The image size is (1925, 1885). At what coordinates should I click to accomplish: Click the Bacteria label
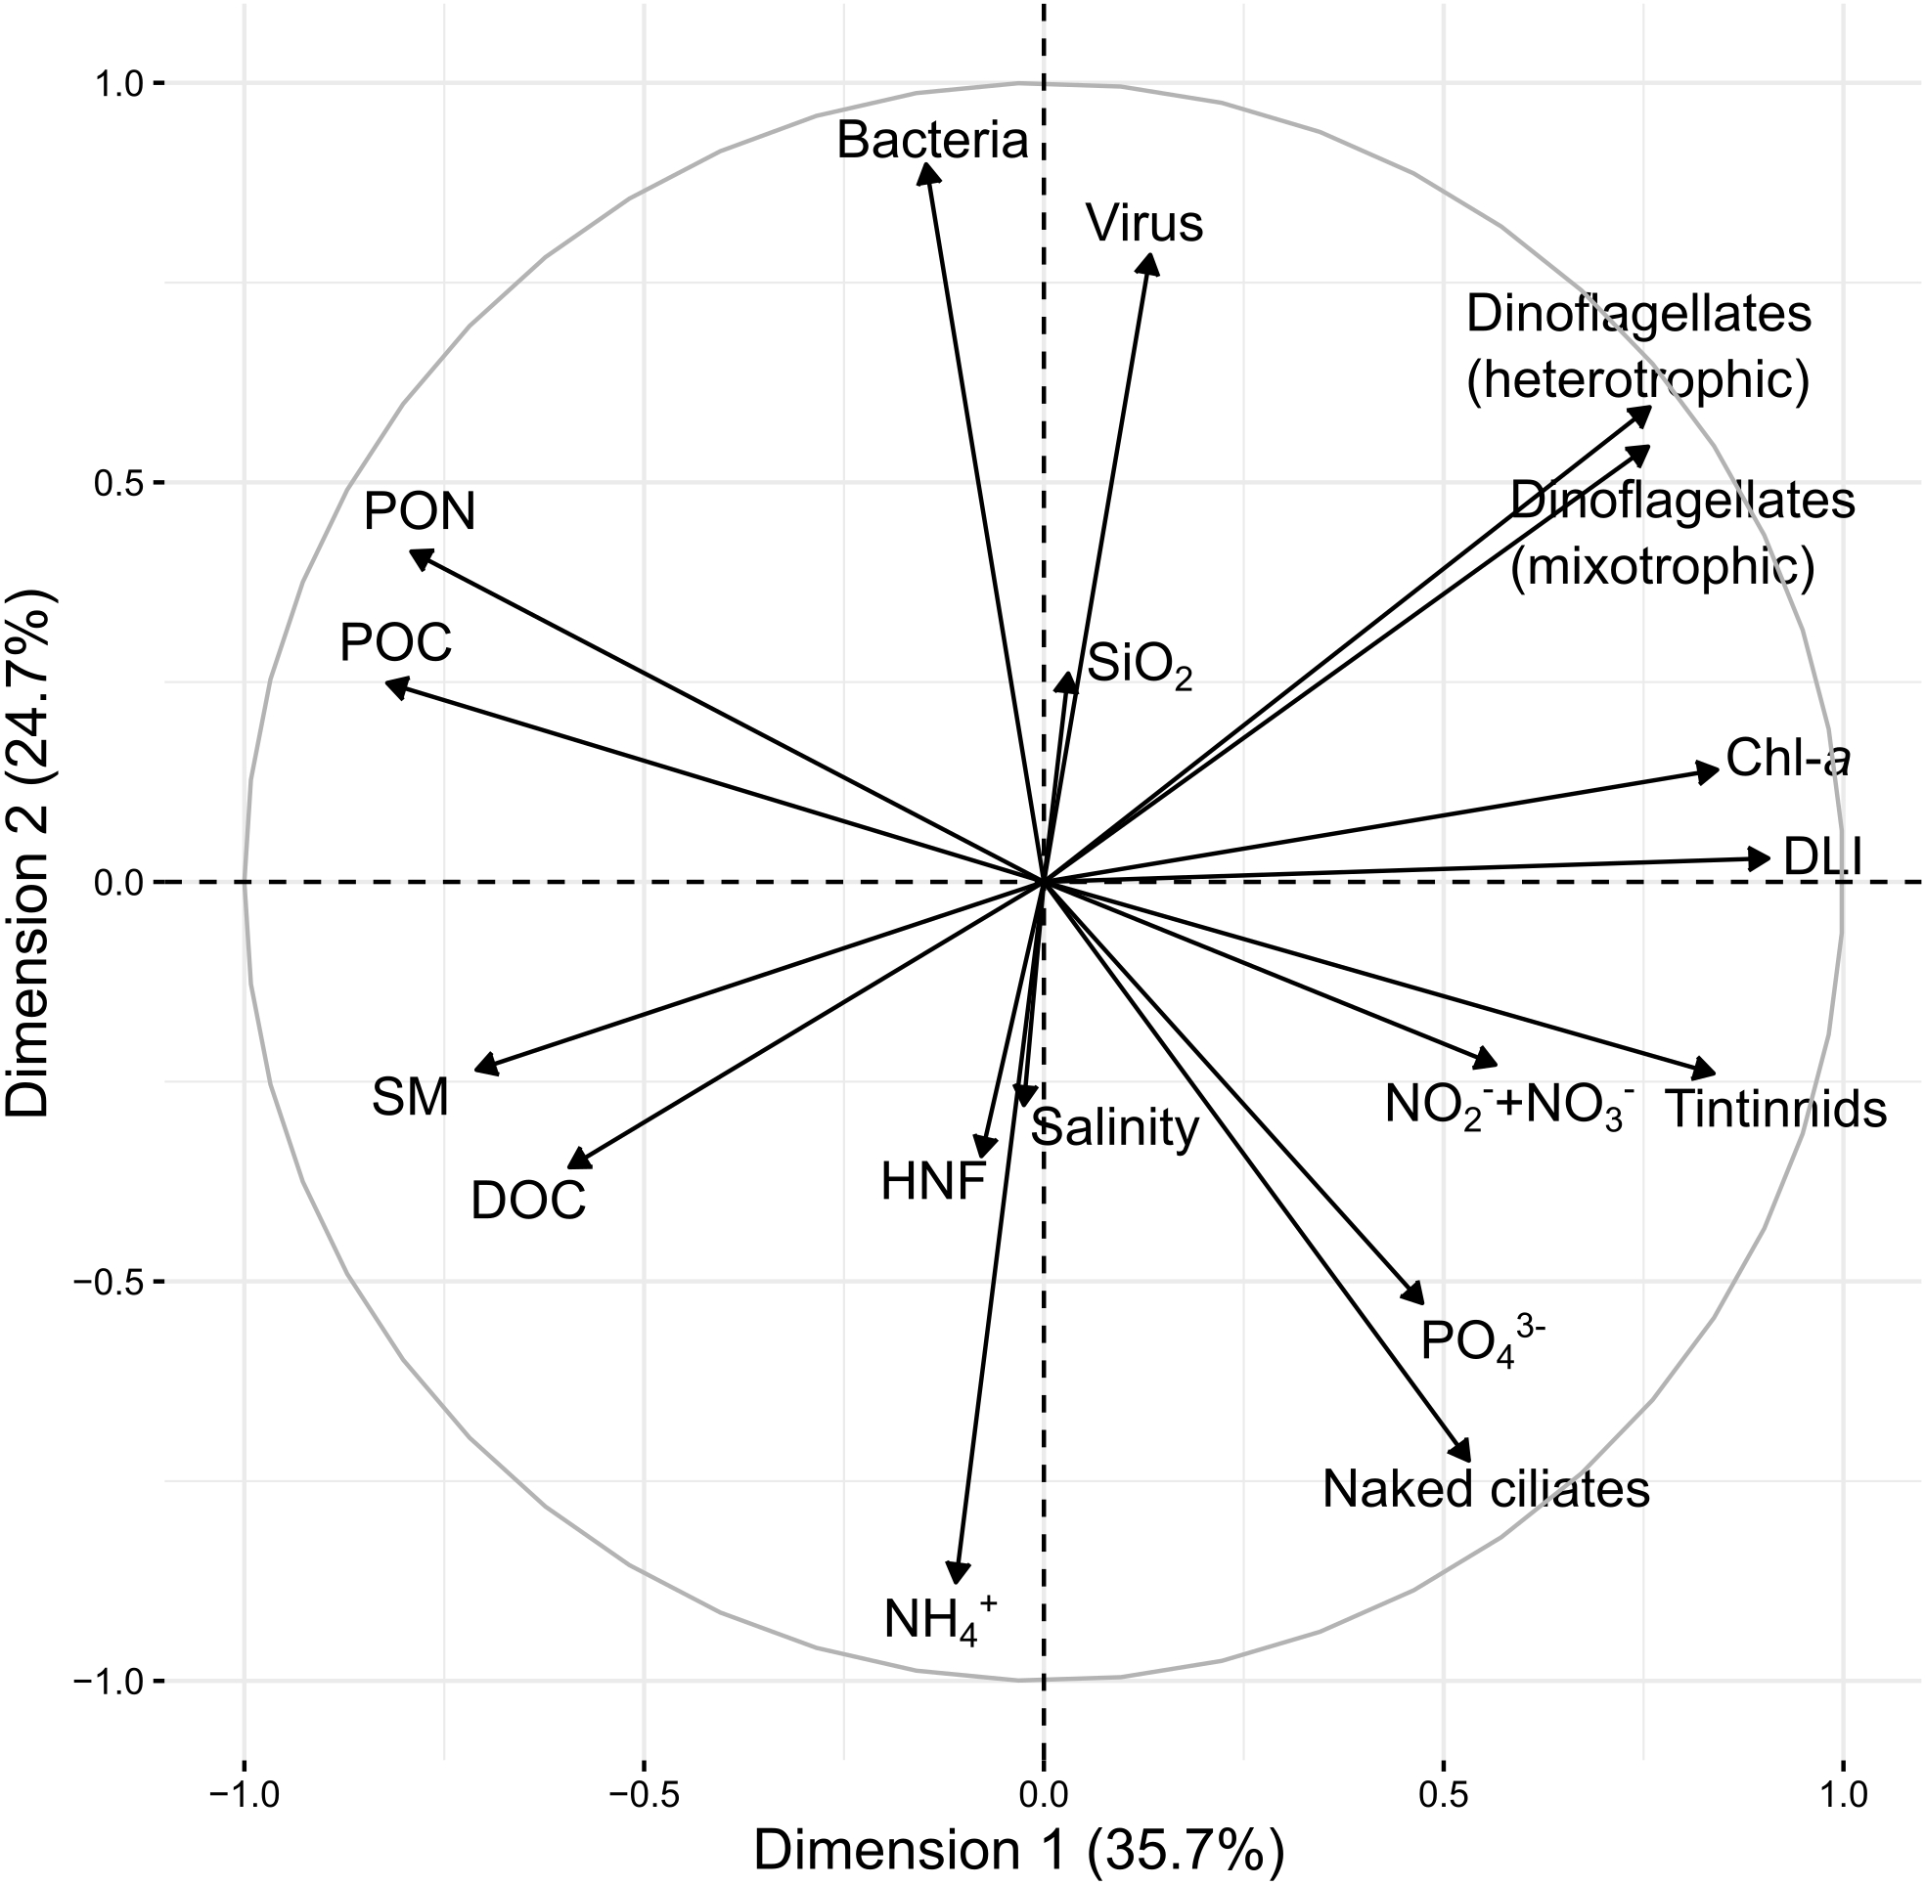click(932, 142)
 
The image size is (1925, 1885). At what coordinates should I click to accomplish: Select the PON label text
click(420, 512)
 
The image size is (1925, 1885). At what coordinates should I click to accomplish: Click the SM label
click(410, 1098)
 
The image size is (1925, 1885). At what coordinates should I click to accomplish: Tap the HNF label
click(934, 1181)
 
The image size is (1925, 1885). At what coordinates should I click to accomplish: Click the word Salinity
click(1115, 1127)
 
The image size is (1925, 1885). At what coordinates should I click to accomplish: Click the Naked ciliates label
click(1486, 1488)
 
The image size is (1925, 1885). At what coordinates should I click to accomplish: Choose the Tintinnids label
click(1775, 1110)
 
